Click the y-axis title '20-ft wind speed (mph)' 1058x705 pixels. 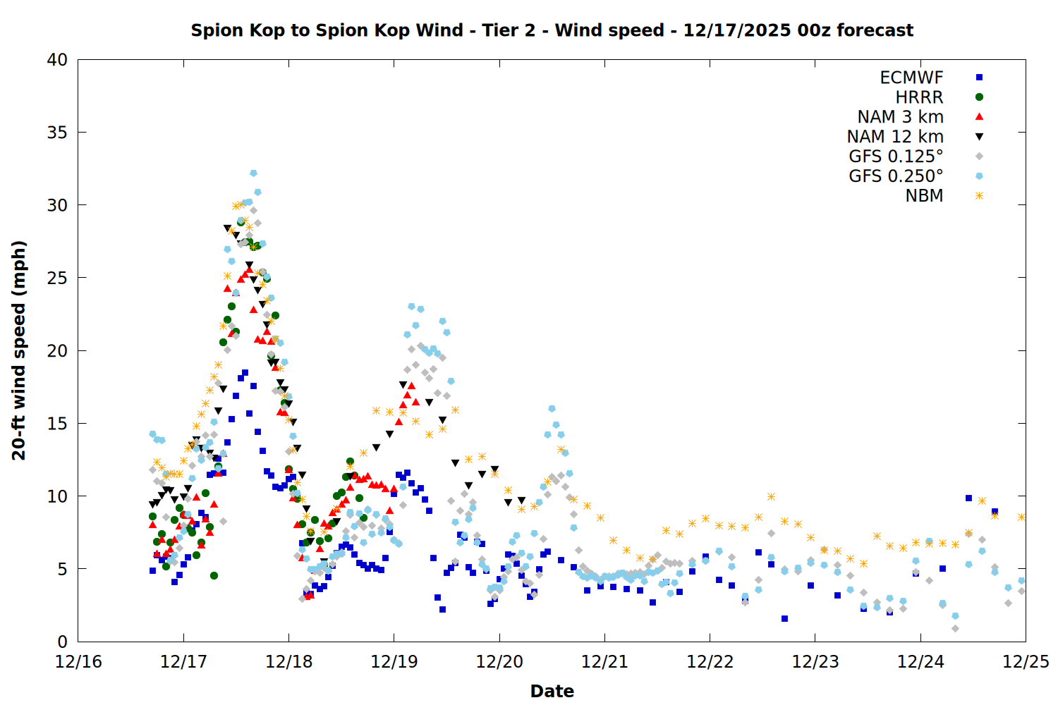click(x=19, y=350)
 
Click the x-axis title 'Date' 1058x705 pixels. click(x=552, y=691)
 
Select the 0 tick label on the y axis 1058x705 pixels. click(x=62, y=642)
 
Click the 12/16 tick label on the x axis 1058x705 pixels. click(x=78, y=662)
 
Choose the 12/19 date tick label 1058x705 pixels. click(x=394, y=662)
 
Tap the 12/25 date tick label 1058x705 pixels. click(x=1026, y=662)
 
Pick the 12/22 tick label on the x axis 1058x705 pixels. click(x=710, y=662)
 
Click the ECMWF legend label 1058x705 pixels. click(x=911, y=78)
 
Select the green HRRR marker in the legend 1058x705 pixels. click(x=979, y=97)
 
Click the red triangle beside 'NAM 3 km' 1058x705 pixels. click(x=979, y=117)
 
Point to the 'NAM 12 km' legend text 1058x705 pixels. click(x=895, y=137)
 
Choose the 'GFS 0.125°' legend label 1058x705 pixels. click(x=896, y=157)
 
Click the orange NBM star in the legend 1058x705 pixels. click(x=979, y=196)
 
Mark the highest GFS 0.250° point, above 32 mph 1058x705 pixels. click(x=253, y=173)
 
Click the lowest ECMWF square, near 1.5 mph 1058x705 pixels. click(x=784, y=618)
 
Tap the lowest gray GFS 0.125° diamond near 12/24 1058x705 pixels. click(x=955, y=628)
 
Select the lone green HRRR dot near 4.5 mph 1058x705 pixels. click(x=214, y=575)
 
